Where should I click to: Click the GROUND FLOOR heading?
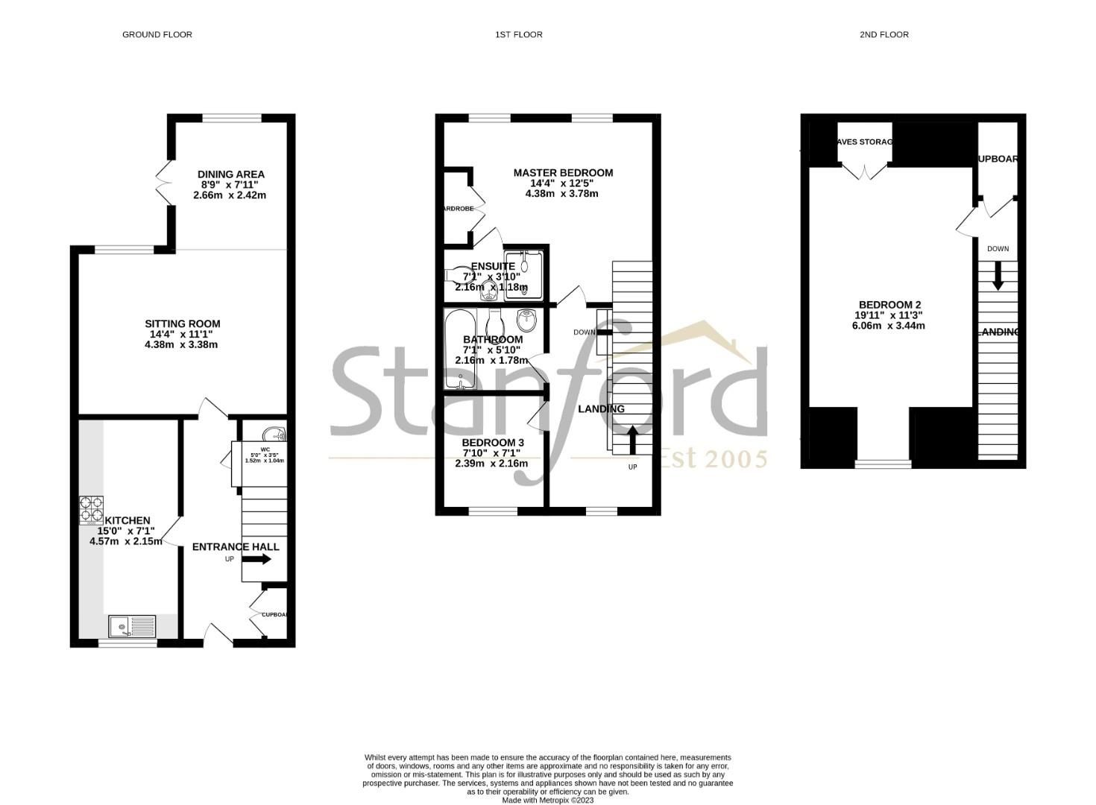click(x=157, y=34)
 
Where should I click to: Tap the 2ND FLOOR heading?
click(x=884, y=34)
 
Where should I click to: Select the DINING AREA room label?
click(x=230, y=174)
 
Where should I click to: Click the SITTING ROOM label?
click(x=182, y=323)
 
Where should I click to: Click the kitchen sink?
click(x=132, y=626)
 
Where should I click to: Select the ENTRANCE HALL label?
click(x=236, y=546)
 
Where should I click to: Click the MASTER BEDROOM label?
click(x=563, y=173)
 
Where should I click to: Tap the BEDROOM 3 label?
click(x=492, y=443)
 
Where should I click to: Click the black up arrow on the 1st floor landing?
click(x=633, y=439)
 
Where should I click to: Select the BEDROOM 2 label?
click(x=889, y=305)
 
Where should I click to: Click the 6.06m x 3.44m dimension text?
click(x=889, y=326)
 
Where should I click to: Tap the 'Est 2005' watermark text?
click(x=713, y=458)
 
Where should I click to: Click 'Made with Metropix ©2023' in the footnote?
click(x=547, y=801)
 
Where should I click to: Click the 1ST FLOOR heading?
click(x=518, y=34)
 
